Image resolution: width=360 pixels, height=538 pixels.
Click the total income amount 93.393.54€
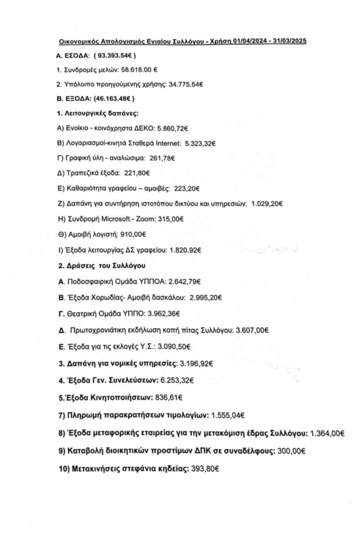tap(117, 54)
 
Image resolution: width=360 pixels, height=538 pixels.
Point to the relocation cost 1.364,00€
tap(328, 433)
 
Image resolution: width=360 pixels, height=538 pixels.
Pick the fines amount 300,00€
tap(290, 450)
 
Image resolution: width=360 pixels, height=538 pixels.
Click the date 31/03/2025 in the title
tap(287, 40)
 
